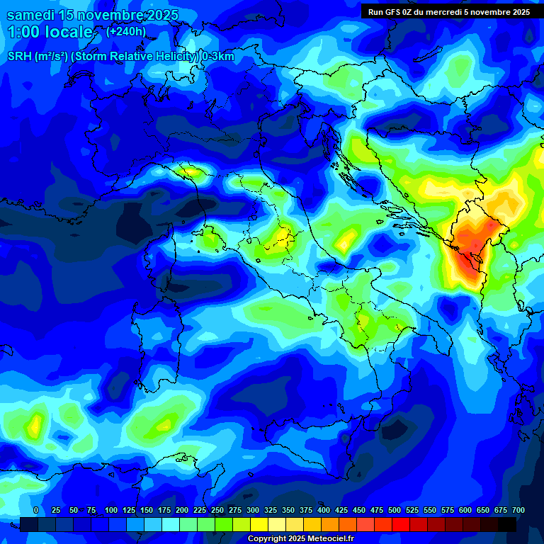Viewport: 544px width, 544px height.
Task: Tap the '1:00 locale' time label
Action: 50,32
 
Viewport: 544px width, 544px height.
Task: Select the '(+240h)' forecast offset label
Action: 126,31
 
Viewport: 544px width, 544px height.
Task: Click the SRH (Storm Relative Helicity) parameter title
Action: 121,57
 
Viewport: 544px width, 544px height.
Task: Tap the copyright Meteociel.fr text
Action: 300,539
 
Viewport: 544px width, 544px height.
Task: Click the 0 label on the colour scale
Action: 36,510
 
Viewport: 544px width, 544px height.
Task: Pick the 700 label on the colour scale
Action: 518,510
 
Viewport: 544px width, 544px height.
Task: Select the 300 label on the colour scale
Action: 253,510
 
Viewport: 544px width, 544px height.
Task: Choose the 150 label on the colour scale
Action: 147,510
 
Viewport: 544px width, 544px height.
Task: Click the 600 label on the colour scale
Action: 465,510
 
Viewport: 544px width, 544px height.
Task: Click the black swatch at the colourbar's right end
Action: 507,524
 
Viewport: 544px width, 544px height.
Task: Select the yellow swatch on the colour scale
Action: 259,524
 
